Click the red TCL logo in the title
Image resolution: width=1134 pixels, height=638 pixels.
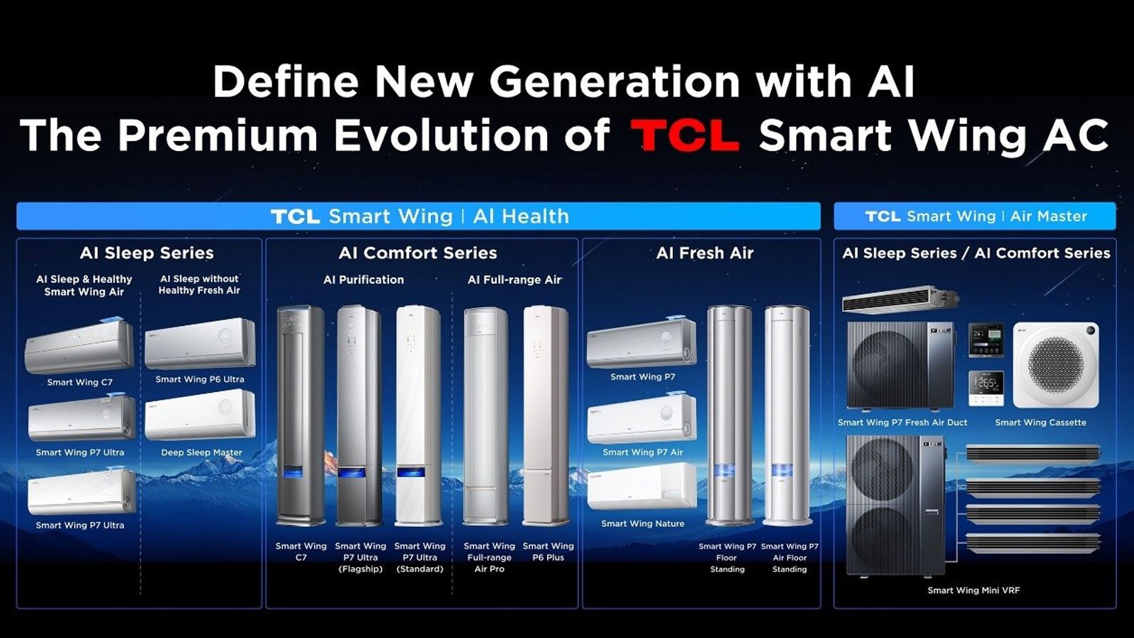coord(685,135)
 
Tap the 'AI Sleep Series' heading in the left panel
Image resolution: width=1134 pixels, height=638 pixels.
coord(147,253)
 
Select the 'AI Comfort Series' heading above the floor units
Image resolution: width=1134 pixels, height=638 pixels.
coord(417,253)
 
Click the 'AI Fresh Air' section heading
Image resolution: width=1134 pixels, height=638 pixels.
coord(704,253)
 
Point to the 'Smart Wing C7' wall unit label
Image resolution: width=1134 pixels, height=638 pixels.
coord(80,382)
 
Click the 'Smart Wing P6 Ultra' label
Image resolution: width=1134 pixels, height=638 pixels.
coord(200,379)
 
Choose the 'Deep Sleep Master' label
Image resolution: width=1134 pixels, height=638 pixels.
coord(201,452)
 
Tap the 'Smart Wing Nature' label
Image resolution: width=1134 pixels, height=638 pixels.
coord(643,524)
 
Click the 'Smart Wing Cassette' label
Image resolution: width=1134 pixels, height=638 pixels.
coord(1040,422)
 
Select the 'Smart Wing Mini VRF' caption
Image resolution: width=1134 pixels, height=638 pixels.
coord(974,591)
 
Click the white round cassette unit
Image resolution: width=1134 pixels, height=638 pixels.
coord(1055,365)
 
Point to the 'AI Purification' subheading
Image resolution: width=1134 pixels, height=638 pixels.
coord(364,280)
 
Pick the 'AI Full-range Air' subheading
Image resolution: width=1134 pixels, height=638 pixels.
coord(515,280)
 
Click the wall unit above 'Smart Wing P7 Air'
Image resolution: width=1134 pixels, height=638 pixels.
coord(641,419)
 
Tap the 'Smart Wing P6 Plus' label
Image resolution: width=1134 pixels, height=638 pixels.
coord(548,552)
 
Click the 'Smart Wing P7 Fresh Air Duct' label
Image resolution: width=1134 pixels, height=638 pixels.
coord(902,422)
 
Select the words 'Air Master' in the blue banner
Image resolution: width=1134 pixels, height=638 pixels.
coord(1048,216)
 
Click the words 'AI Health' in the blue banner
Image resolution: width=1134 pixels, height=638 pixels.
coord(521,216)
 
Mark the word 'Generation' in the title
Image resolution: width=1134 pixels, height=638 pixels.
coord(615,82)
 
